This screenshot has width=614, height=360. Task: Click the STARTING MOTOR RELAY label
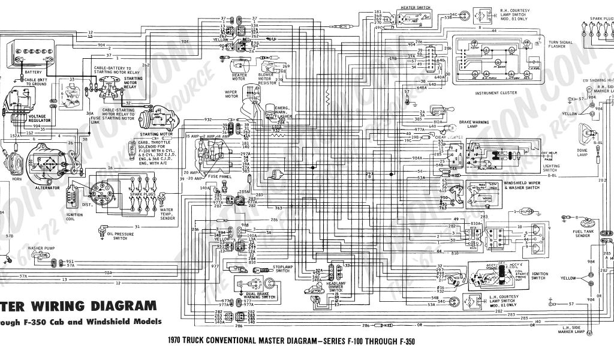pyautogui.click(x=133, y=83)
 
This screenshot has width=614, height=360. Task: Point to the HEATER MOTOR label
pyautogui.click(x=239, y=76)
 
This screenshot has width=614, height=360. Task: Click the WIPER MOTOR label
pyautogui.click(x=231, y=95)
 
